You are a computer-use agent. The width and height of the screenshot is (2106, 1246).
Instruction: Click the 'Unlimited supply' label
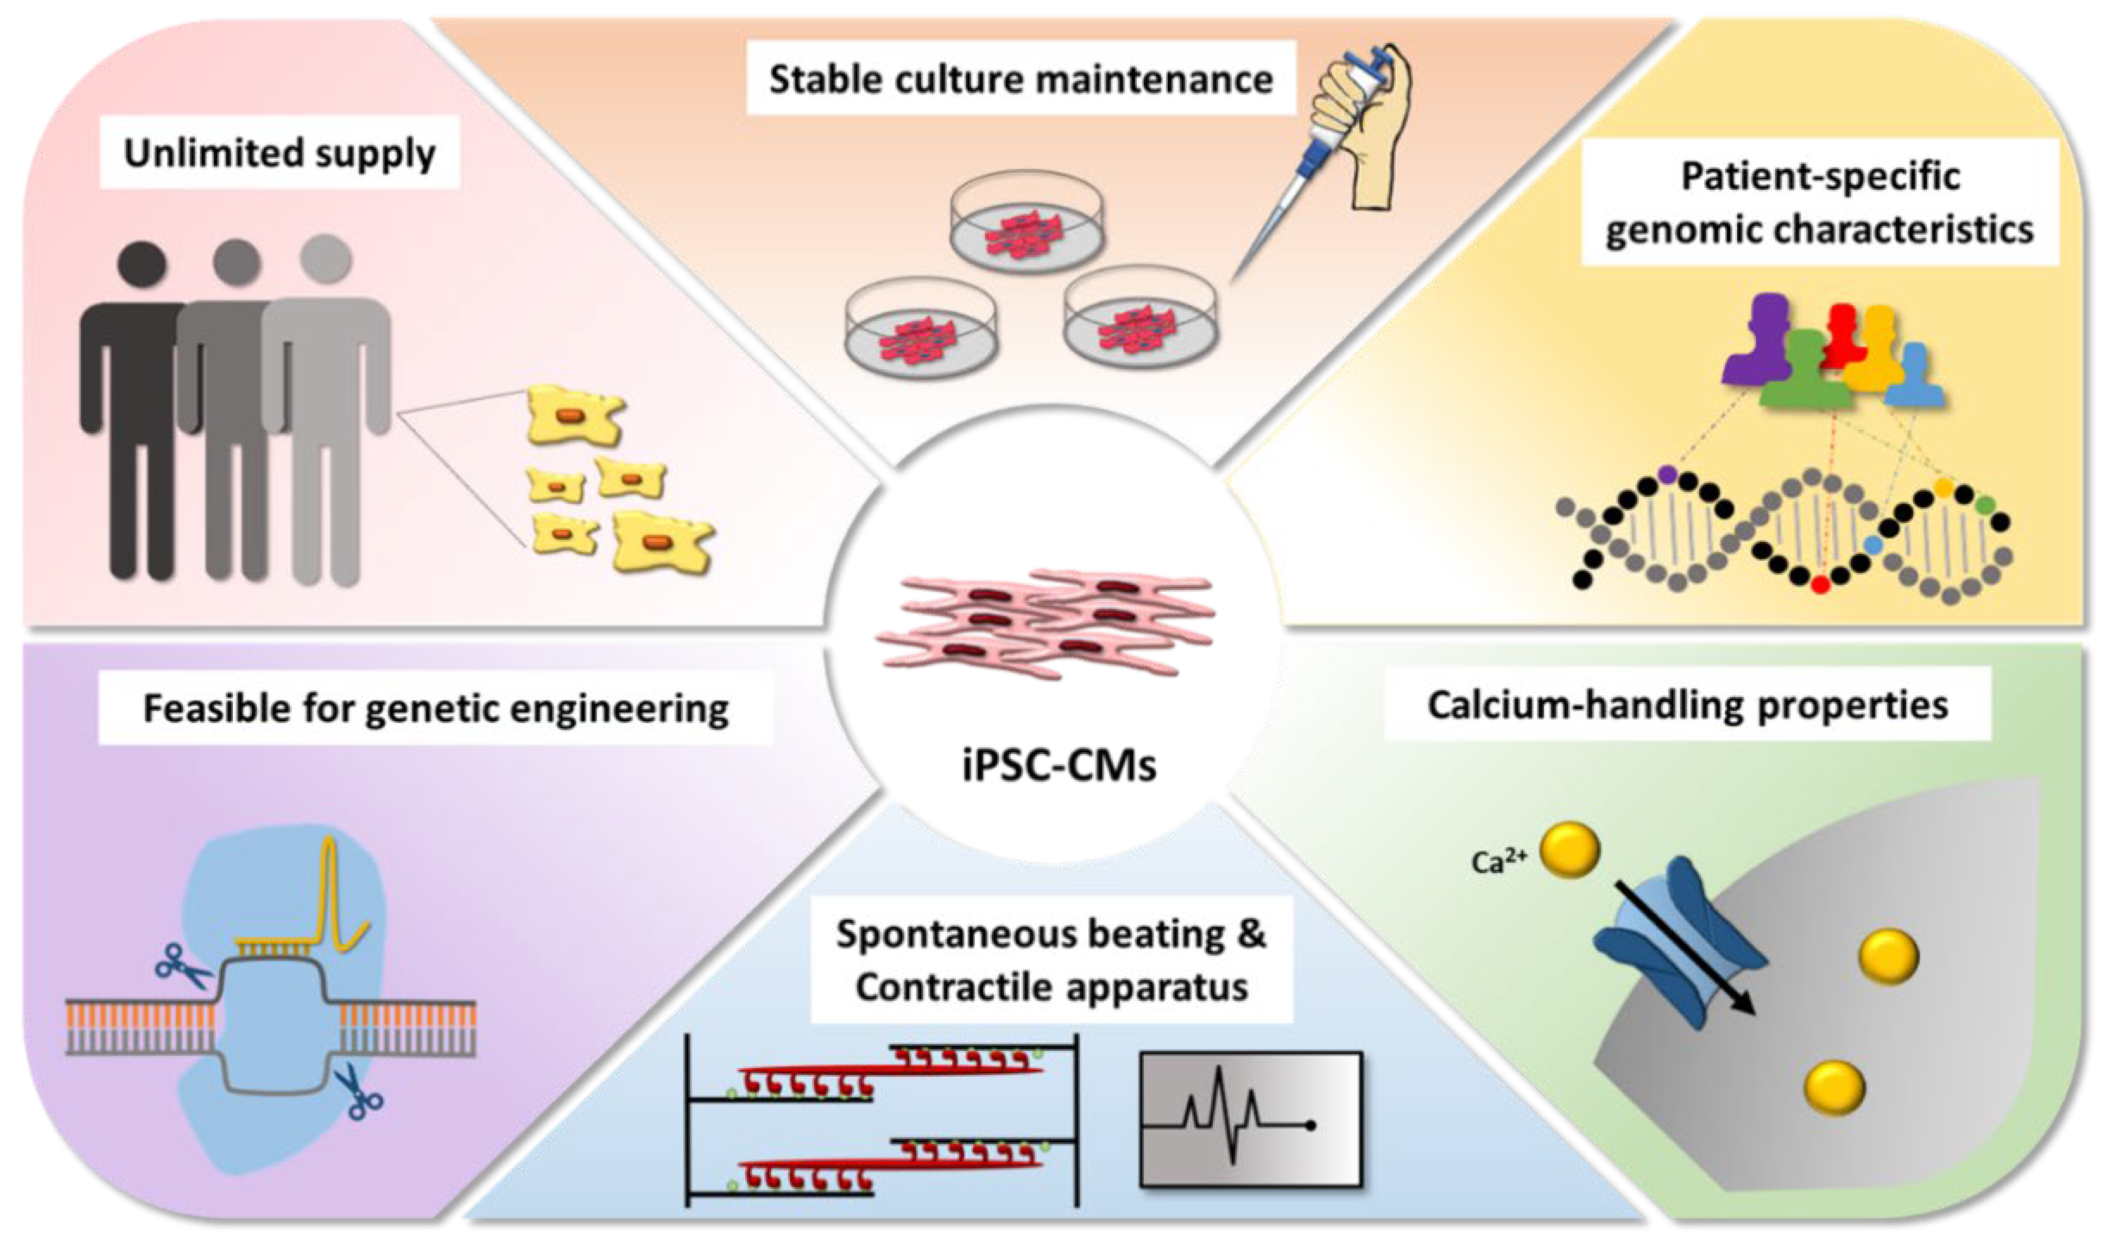(280, 153)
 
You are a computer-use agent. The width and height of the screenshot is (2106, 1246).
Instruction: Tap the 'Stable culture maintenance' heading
(1020, 80)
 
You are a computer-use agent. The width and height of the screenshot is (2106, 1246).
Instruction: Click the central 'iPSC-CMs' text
(1059, 765)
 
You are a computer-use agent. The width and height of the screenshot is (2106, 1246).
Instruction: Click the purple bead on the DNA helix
(1668, 475)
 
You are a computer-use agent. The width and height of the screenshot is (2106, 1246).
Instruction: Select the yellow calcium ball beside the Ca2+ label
(1569, 850)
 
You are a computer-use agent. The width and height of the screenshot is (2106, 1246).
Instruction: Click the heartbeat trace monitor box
(1250, 1118)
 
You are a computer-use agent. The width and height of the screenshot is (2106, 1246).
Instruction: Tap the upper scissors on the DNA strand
(183, 968)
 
